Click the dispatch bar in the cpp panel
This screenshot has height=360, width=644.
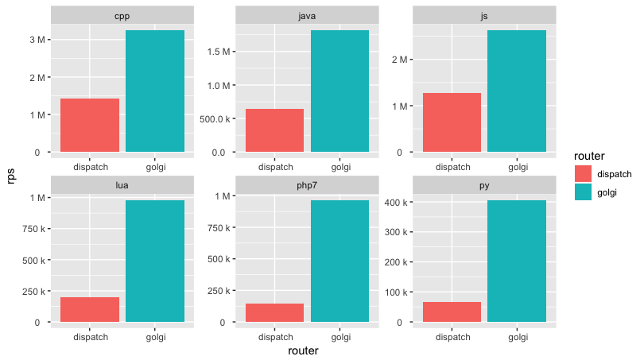tap(90, 125)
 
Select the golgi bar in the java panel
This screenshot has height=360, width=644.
tap(339, 91)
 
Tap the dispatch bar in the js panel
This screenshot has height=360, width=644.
tap(452, 122)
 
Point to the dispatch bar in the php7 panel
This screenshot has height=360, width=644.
tap(274, 312)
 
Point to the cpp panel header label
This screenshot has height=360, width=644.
tap(122, 15)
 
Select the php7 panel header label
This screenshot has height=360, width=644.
tap(307, 185)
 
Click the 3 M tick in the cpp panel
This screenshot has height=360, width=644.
tap(37, 40)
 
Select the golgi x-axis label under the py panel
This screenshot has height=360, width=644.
tap(517, 337)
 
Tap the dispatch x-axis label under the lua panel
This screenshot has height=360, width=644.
tap(90, 337)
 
